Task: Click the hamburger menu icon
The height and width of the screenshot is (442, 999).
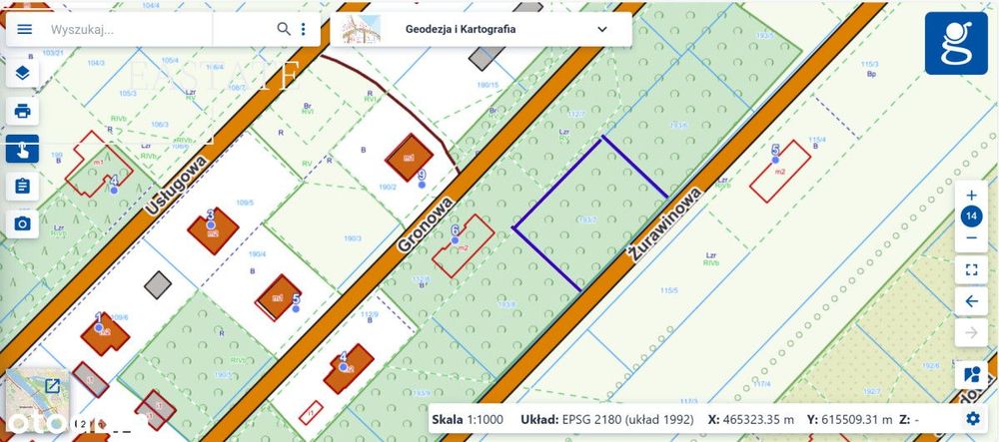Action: pos(25,29)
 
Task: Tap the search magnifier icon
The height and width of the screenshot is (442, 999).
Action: pos(284,29)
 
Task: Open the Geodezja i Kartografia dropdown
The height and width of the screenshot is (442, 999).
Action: pos(601,29)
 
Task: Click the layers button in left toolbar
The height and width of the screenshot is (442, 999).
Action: pos(22,73)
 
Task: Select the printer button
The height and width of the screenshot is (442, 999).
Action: pos(22,111)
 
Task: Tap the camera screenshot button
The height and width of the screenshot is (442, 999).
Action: pos(22,223)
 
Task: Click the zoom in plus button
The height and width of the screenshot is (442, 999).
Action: pos(971,196)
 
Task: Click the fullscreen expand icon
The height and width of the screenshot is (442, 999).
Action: pos(971,268)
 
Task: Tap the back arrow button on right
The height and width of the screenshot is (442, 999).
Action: pos(971,300)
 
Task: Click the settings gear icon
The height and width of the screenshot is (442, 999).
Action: pos(972,419)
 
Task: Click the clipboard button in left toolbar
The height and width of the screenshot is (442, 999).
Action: pos(22,186)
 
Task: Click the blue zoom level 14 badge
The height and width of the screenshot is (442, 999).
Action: pos(971,218)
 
